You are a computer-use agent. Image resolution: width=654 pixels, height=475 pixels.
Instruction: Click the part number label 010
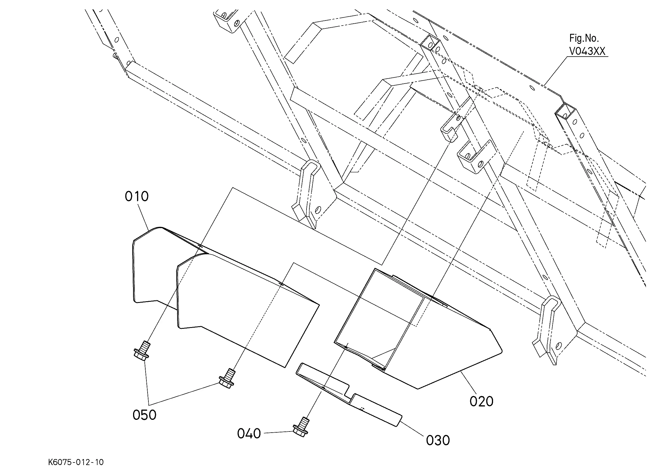coord(137,197)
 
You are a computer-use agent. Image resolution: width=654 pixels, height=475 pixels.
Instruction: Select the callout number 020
coord(481,401)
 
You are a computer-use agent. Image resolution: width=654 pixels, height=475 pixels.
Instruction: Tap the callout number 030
coord(438,440)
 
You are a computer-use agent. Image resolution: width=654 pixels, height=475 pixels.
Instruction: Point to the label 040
coord(249,433)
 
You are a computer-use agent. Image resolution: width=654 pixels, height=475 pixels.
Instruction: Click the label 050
coord(144,415)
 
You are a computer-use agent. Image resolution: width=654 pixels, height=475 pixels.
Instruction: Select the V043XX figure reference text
coord(587,51)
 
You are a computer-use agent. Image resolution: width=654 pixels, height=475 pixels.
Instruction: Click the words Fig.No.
coord(584,38)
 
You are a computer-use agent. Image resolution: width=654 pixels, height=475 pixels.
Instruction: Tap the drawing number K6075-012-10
coord(76,462)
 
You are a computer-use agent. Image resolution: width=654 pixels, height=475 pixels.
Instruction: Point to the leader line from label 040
coord(277,432)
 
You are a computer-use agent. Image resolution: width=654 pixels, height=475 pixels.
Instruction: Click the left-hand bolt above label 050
coord(142,350)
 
